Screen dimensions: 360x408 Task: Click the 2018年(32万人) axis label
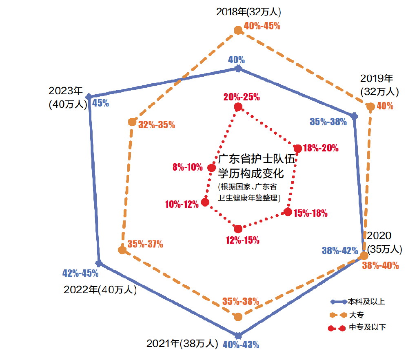click(249, 11)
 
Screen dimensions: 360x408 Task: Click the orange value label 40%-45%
click(262, 26)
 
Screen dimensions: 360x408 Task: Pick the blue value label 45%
click(100, 103)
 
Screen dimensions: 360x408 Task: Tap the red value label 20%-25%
click(242, 97)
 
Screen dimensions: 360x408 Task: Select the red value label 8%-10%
click(188, 167)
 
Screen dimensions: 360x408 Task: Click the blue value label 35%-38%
click(328, 121)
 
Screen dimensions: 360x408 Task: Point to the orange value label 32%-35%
click(157, 125)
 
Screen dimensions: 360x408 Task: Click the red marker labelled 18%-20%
click(298, 149)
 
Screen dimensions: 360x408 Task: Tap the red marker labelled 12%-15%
click(238, 229)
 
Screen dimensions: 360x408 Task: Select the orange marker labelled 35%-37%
click(122, 250)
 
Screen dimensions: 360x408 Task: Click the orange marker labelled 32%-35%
click(132, 122)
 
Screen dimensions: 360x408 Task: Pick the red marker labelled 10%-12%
click(206, 202)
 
